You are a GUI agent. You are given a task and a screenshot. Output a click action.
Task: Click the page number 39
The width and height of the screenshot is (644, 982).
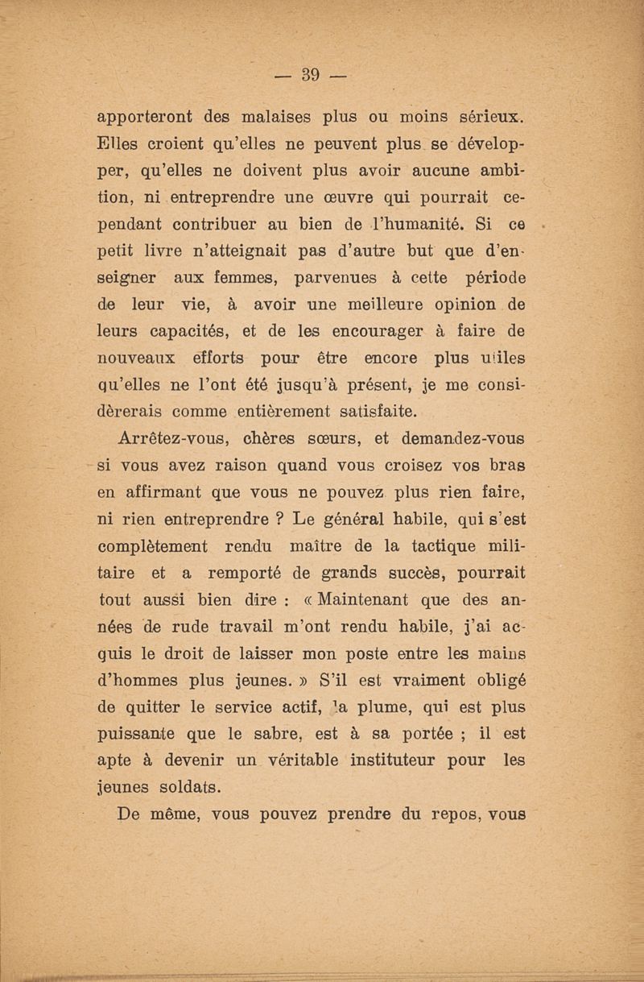(311, 76)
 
